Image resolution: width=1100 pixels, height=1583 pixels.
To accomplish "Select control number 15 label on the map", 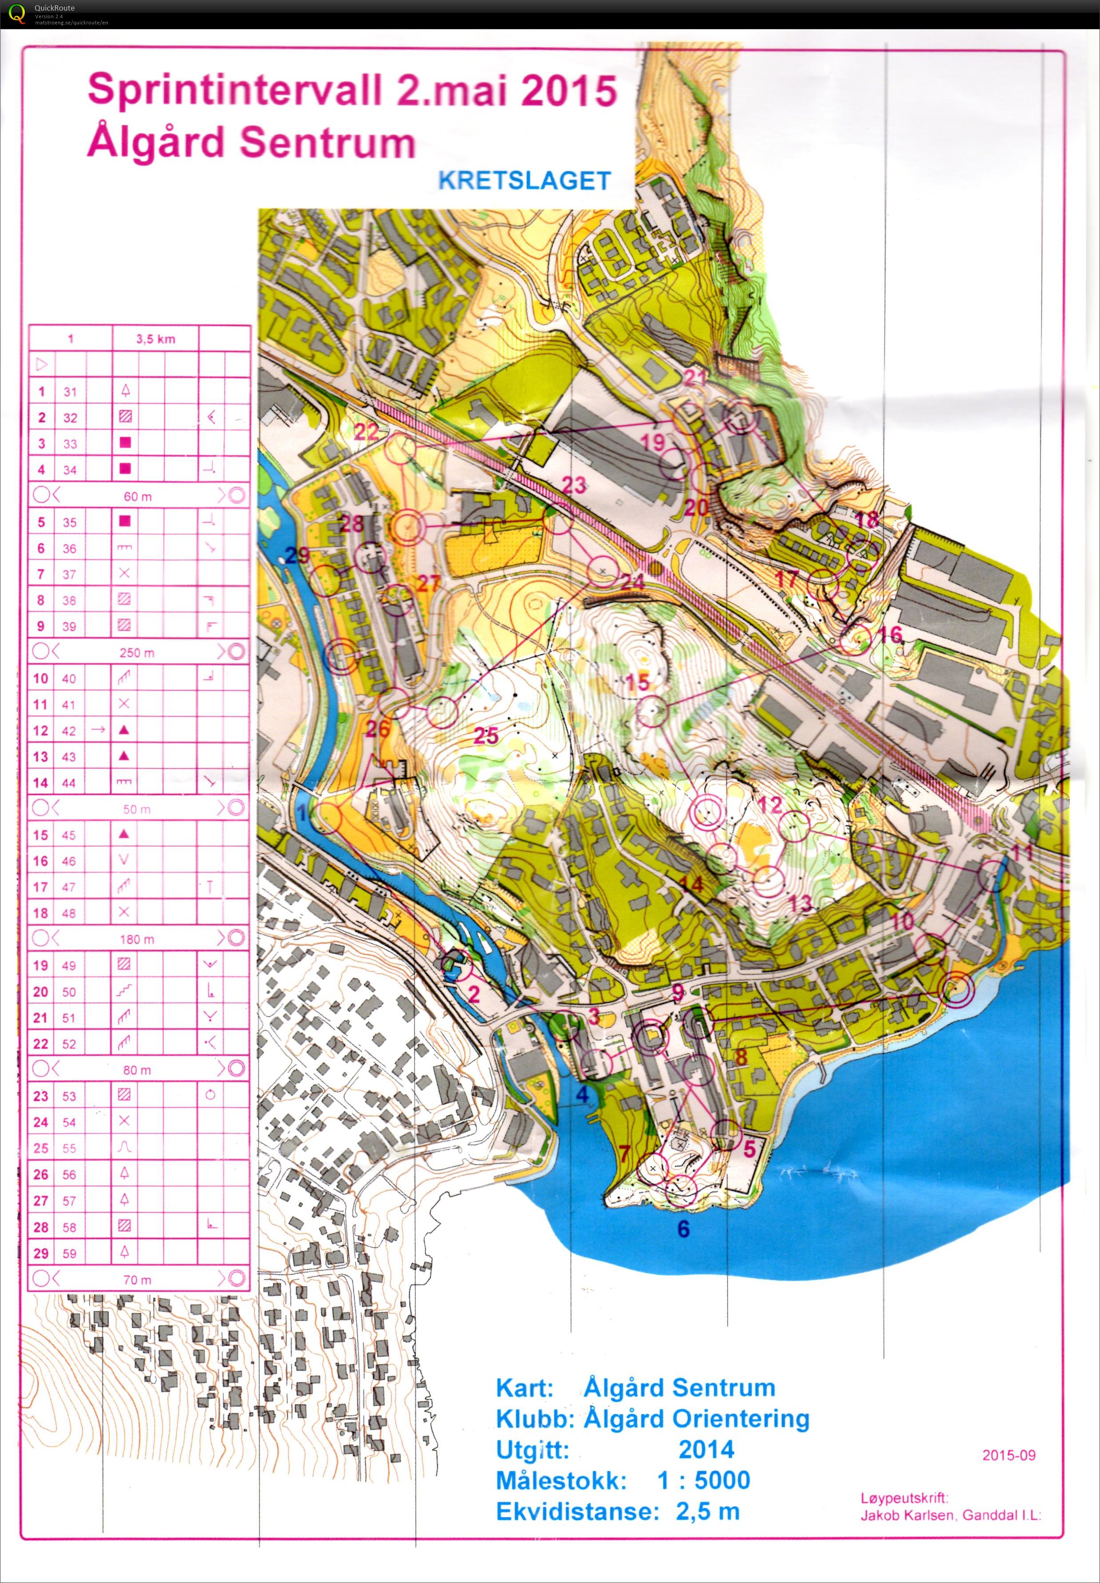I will click(x=638, y=682).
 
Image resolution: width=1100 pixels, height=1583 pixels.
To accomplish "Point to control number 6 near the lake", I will click(x=683, y=1229).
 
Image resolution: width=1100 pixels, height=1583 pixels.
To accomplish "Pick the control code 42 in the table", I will click(x=69, y=730).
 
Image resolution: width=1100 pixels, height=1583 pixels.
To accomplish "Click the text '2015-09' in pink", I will click(x=1008, y=1455).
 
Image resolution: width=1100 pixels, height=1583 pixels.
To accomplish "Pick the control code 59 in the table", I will click(x=69, y=1253).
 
